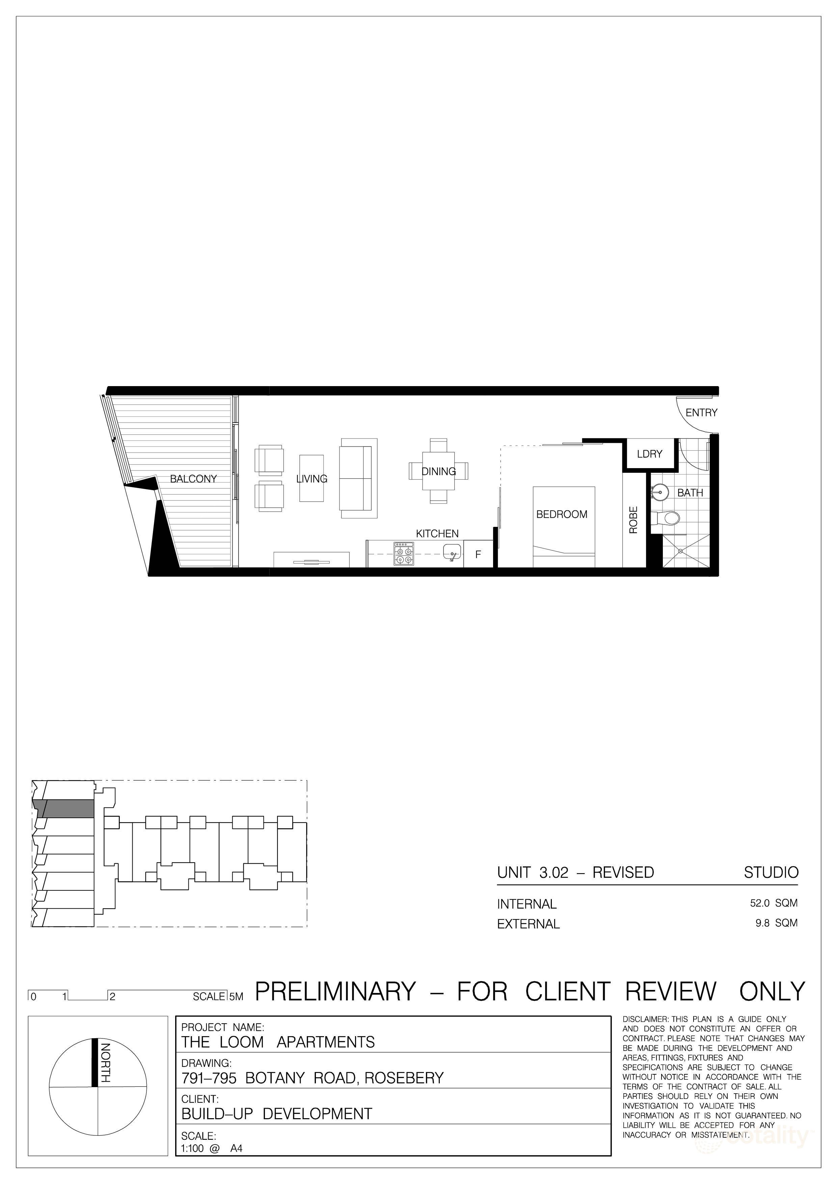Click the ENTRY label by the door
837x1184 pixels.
coord(701,412)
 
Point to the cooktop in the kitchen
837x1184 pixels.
coord(403,553)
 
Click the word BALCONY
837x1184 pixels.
coord(193,479)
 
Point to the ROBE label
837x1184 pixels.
coord(633,519)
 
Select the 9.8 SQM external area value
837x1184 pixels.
coord(776,923)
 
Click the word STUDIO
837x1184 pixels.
coord(771,872)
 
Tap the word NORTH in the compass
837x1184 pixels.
coord(105,1063)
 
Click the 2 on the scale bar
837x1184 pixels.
coord(112,996)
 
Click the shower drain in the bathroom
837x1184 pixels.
coord(680,551)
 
